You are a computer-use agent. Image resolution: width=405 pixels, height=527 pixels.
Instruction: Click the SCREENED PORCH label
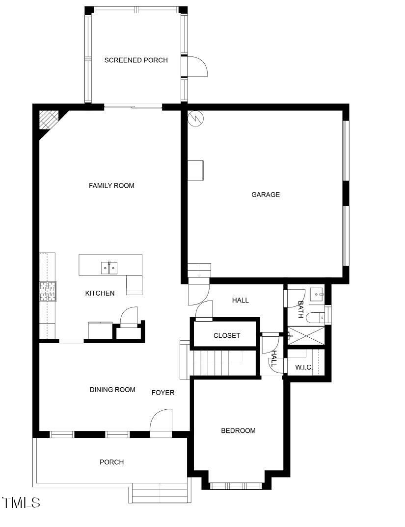pyautogui.click(x=136, y=60)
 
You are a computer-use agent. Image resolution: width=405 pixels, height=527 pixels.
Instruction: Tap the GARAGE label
pyautogui.click(x=266, y=195)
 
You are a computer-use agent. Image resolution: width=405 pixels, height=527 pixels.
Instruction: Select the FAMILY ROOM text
pyautogui.click(x=111, y=186)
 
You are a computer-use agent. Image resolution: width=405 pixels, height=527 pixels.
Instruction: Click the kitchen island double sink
pyautogui.click(x=109, y=268)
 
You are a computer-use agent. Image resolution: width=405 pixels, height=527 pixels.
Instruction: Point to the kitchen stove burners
pyautogui.click(x=48, y=291)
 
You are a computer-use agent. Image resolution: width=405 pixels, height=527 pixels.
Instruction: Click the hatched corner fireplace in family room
pyautogui.click(x=48, y=119)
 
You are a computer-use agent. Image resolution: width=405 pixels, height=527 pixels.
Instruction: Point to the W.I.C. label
pyautogui.click(x=304, y=367)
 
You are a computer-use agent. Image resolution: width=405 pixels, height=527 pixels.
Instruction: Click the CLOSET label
pyautogui.click(x=227, y=336)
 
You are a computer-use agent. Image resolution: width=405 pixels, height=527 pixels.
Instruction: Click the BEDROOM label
pyautogui.click(x=238, y=431)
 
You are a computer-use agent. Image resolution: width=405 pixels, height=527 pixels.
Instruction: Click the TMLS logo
pyautogui.click(x=21, y=502)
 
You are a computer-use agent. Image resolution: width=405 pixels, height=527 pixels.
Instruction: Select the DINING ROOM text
pyautogui.click(x=112, y=390)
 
